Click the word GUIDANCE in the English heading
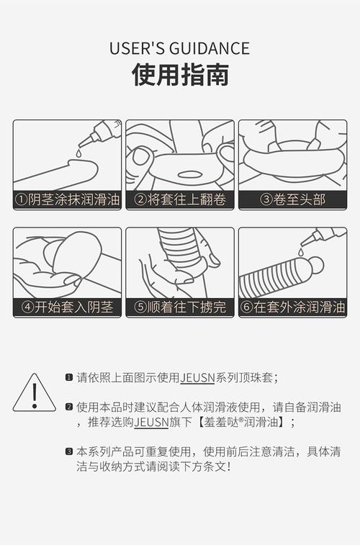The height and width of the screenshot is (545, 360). click(210, 49)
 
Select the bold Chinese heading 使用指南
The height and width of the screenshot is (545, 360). click(180, 75)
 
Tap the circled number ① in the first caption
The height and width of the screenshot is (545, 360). click(23, 199)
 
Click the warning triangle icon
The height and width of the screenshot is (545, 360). click(34, 393)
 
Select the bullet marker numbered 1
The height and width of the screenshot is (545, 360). click(69, 377)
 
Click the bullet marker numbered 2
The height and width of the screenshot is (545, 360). click(69, 407)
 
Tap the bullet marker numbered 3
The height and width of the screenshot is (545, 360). click(69, 452)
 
